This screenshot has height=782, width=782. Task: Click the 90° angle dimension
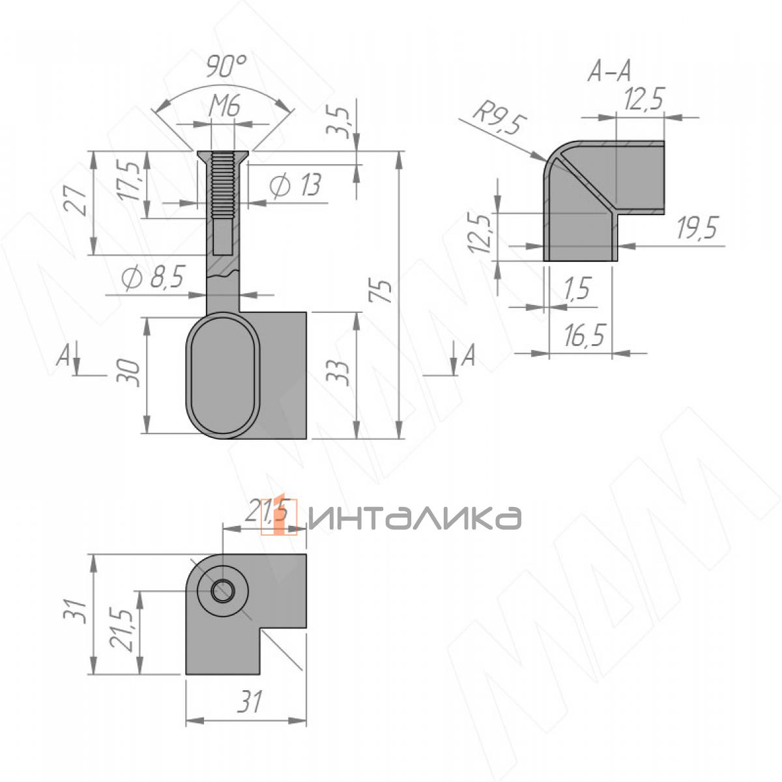pos(226,66)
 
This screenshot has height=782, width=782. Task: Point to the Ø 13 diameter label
pos(295,186)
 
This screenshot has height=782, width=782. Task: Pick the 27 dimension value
pos(76,201)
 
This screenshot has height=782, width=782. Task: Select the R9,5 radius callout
pos(499,121)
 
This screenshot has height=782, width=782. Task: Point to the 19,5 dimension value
pos(697,229)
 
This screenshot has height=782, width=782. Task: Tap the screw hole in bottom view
pos(224,590)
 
